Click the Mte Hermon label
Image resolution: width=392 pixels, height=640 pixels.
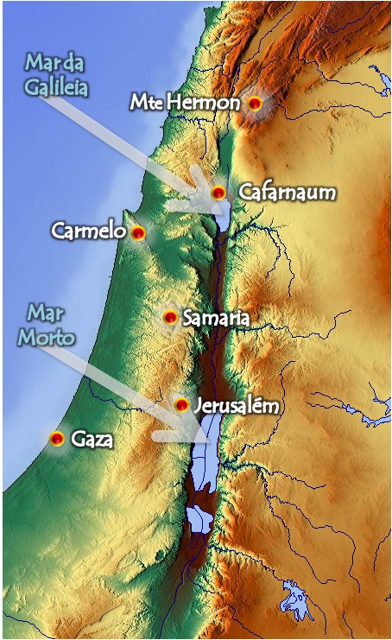(185, 102)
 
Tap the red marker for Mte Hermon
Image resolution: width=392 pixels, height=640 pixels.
(255, 103)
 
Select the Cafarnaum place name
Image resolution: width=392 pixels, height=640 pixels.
(287, 192)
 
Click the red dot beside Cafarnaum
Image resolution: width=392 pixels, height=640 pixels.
(218, 192)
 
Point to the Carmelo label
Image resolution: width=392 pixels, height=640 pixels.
(88, 231)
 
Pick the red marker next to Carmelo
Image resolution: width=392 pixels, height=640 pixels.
(137, 231)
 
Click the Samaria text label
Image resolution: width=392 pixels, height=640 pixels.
(216, 319)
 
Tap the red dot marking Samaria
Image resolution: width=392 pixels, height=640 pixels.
(170, 318)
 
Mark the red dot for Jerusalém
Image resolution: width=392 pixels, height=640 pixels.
(181, 404)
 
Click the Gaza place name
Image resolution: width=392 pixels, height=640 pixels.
(92, 439)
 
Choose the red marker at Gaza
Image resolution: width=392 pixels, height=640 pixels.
(57, 439)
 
